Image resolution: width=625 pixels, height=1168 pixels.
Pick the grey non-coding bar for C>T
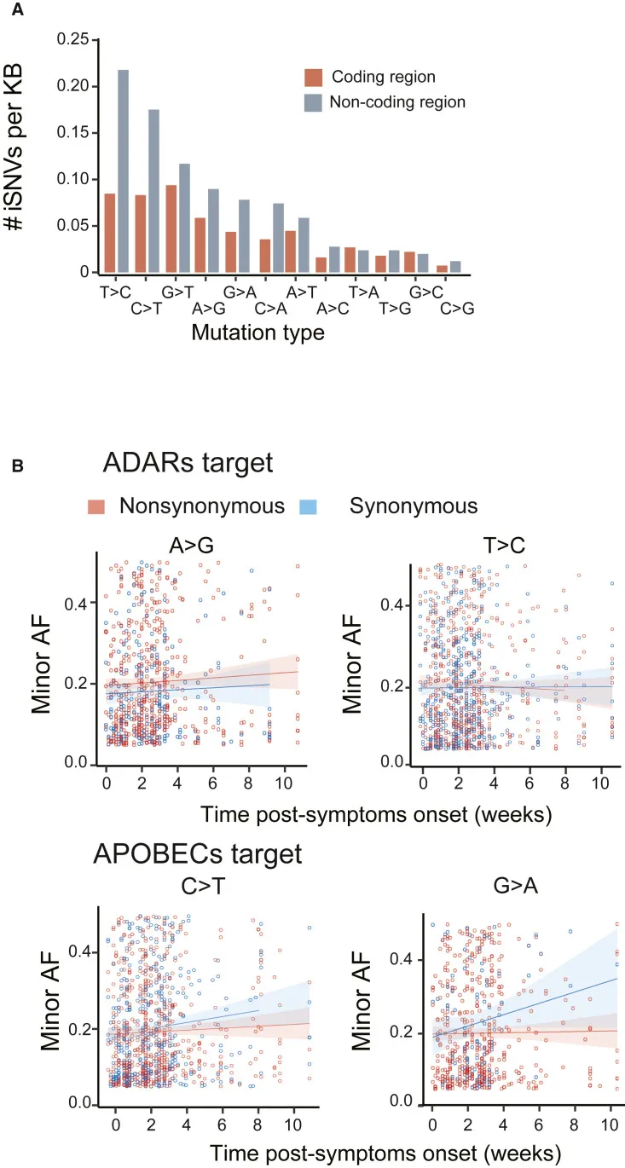click(153, 191)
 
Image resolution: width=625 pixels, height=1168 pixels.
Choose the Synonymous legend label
click(414, 506)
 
